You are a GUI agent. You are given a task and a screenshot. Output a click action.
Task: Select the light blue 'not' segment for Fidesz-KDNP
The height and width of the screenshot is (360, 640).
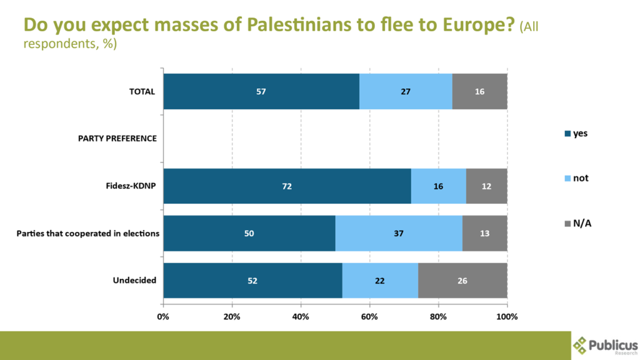point(438,186)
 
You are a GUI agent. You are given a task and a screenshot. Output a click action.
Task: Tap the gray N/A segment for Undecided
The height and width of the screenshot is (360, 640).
point(462,281)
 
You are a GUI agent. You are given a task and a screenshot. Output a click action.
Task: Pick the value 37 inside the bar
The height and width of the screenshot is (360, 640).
point(399,234)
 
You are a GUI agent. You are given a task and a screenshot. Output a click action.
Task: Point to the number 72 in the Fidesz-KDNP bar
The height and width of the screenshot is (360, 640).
point(287,186)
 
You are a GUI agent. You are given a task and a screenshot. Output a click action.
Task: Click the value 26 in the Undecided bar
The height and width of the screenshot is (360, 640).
point(462,281)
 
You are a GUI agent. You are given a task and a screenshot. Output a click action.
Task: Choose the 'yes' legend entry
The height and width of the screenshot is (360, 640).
point(576,133)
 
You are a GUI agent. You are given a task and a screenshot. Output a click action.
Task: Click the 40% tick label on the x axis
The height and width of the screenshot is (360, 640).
point(301,316)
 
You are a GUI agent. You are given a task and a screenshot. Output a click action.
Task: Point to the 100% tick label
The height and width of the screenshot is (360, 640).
point(506,316)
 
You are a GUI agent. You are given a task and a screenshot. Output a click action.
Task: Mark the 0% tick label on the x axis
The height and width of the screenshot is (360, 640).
point(163,316)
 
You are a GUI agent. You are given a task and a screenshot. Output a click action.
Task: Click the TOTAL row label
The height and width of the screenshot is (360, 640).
point(142,91)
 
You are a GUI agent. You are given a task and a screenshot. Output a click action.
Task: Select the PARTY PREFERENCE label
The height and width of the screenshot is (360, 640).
point(117,138)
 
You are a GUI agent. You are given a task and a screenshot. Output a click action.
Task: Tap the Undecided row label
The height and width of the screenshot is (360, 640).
point(134,281)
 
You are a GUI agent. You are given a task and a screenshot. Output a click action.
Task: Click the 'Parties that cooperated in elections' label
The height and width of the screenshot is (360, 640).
point(87,234)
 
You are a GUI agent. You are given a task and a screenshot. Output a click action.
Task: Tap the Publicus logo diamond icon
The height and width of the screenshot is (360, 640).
point(581,344)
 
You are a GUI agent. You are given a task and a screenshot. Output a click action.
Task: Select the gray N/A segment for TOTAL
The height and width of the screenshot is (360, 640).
point(479,91)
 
